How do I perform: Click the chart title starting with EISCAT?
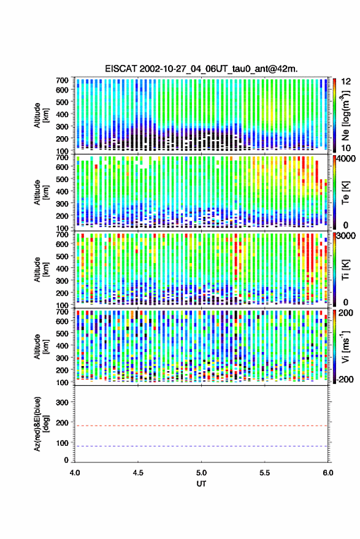click(201, 69)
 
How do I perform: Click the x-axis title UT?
click(201, 484)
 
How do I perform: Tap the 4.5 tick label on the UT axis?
click(138, 473)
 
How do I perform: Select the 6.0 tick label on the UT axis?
click(327, 473)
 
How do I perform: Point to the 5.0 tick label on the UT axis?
click(201, 473)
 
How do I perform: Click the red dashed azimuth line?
click(201, 426)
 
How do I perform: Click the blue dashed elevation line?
click(201, 446)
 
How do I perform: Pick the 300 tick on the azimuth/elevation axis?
click(62, 402)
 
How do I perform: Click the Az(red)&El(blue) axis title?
click(41, 424)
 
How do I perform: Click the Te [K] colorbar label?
click(345, 193)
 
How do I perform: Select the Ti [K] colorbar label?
click(345, 270)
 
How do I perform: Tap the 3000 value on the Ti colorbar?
click(347, 236)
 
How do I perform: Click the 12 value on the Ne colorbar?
click(347, 82)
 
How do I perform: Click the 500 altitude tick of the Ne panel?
click(62, 102)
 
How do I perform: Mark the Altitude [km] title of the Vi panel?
click(41, 346)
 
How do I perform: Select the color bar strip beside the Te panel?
click(334, 193)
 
